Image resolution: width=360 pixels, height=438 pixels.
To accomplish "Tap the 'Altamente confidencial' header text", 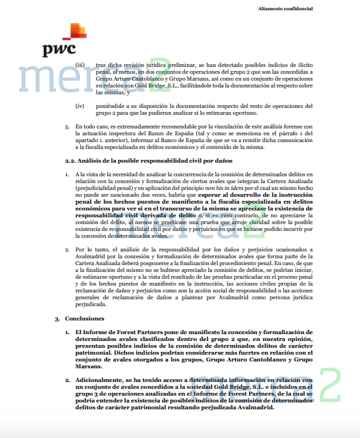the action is click(285, 8).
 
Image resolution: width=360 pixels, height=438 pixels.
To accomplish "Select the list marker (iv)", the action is click(80, 105).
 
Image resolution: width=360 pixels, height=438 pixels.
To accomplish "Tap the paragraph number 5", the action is click(66, 126).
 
